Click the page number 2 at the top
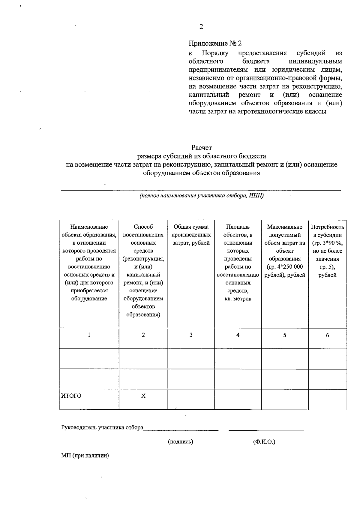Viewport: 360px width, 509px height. click(x=201, y=27)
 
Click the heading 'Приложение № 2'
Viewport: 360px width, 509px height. click(x=215, y=44)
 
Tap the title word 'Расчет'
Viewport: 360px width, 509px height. click(x=202, y=148)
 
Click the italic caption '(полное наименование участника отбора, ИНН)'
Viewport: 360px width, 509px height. click(x=201, y=196)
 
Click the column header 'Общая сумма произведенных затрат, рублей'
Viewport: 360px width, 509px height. click(x=191, y=235)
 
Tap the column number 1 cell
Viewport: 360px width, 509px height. click(x=89, y=335)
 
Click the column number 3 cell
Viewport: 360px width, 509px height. click(x=191, y=335)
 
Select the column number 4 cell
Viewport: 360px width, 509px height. click(x=238, y=335)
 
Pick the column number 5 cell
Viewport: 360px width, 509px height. click(x=284, y=335)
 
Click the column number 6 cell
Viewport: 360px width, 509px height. click(x=327, y=335)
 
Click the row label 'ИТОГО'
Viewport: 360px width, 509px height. click(x=71, y=396)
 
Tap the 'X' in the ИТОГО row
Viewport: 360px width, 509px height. click(x=143, y=396)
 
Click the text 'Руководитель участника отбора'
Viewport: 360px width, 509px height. click(x=102, y=427)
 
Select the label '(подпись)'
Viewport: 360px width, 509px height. click(x=180, y=441)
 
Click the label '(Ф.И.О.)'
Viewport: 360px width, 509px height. click(x=264, y=441)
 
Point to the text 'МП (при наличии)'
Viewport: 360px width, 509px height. click(x=85, y=456)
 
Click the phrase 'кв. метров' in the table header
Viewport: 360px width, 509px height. click(x=238, y=299)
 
